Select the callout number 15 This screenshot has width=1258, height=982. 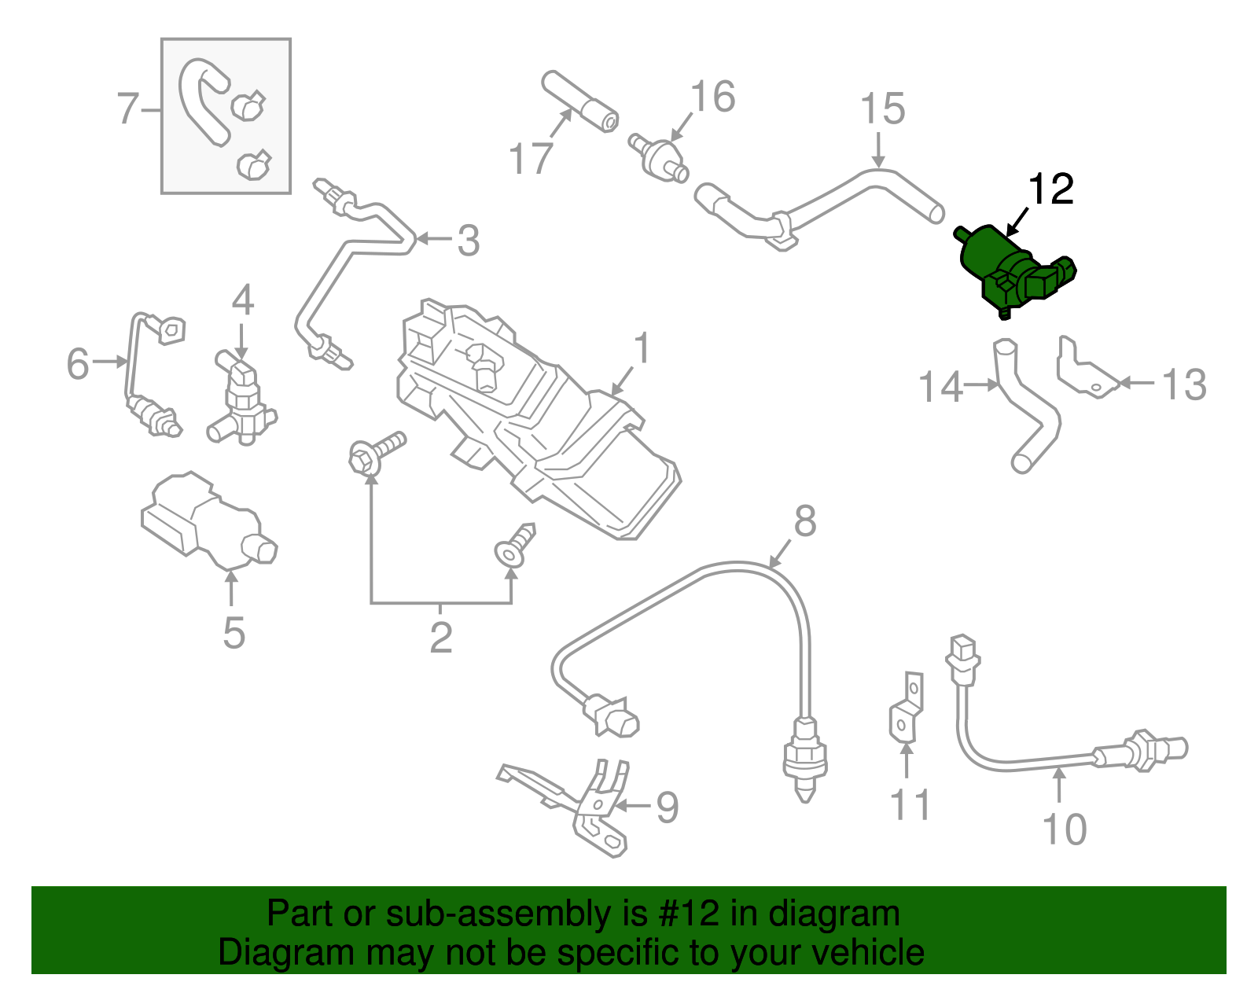tap(882, 109)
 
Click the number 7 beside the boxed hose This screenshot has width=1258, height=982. tap(127, 108)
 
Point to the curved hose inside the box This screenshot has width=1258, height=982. tap(201, 102)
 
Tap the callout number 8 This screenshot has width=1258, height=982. tap(805, 521)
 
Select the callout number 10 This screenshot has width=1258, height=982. tap(1064, 829)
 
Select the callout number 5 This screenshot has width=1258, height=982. tap(234, 633)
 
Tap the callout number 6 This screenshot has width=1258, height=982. tap(77, 364)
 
